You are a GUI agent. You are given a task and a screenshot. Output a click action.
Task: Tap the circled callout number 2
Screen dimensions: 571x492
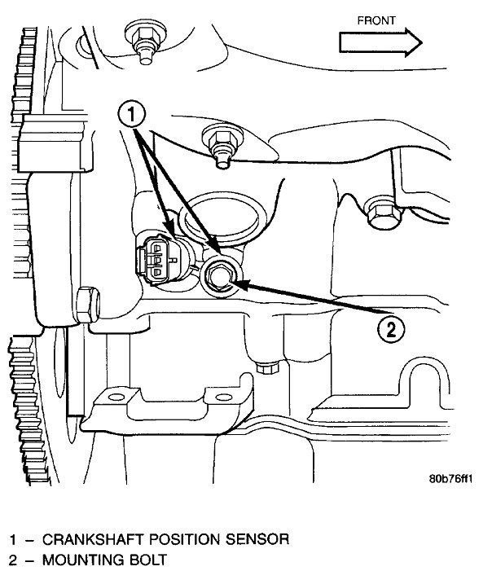(x=391, y=329)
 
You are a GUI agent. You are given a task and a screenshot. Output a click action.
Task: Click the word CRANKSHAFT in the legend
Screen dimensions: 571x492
(x=86, y=539)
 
